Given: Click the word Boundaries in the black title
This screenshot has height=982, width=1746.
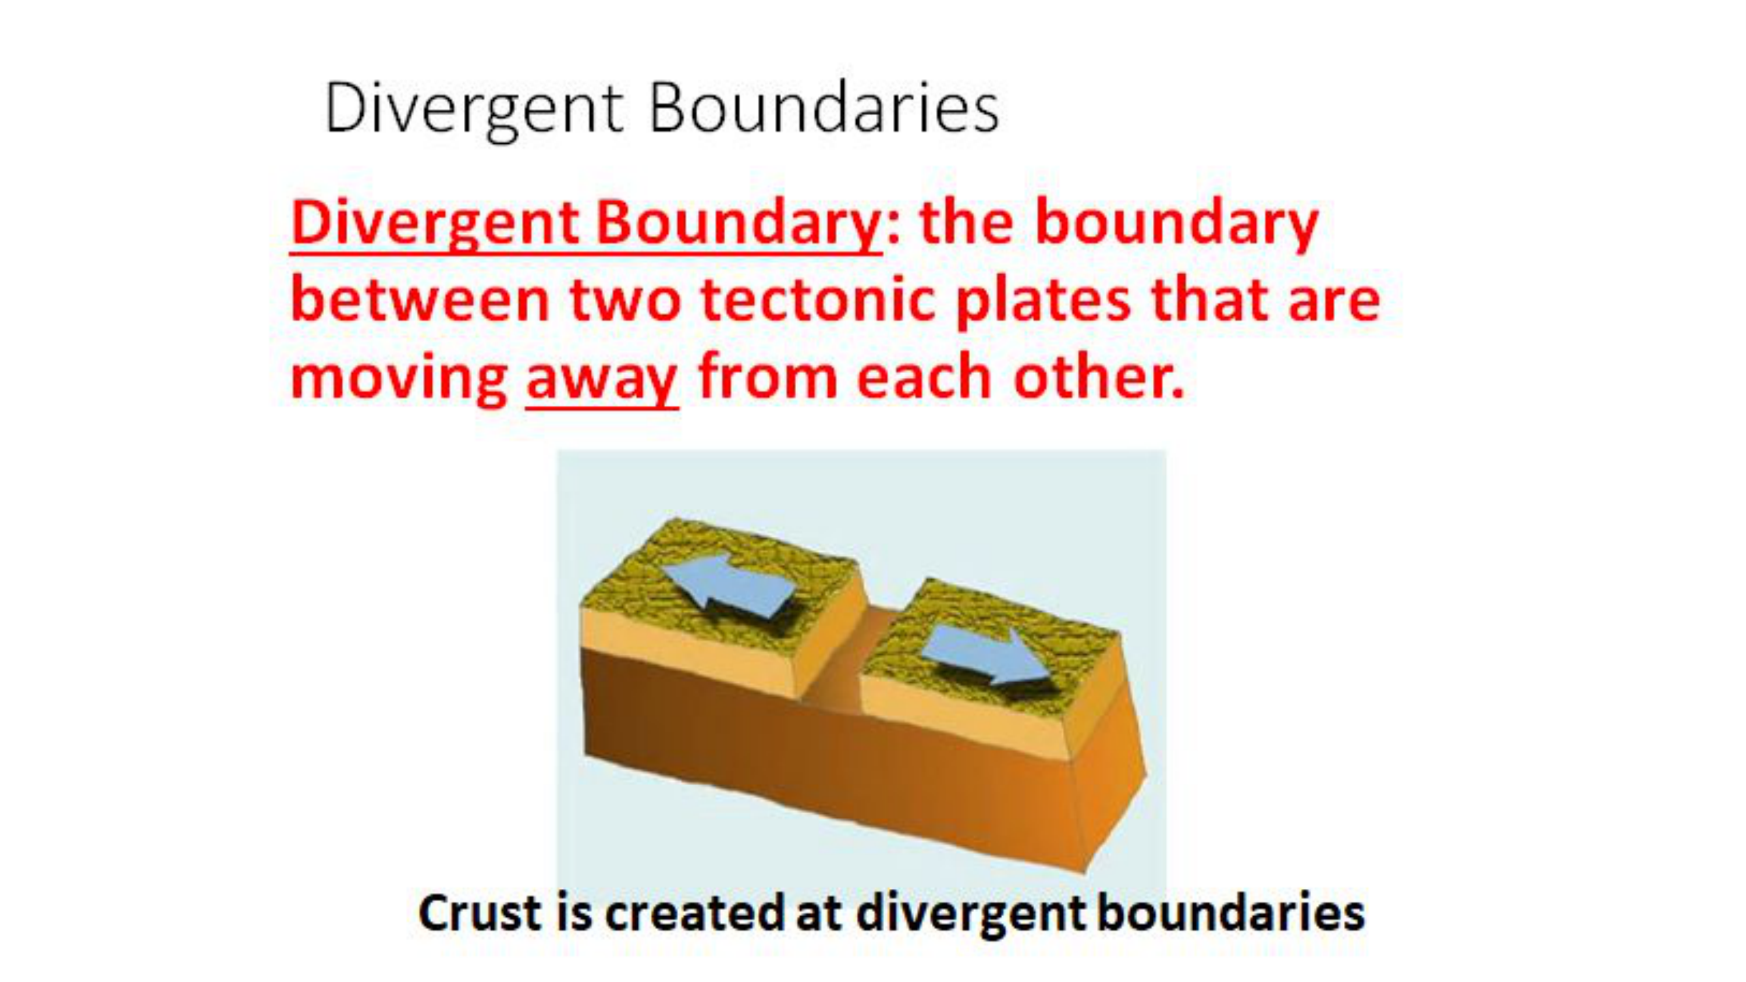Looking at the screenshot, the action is (824, 108).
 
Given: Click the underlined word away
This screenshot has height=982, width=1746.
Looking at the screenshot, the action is (602, 380).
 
